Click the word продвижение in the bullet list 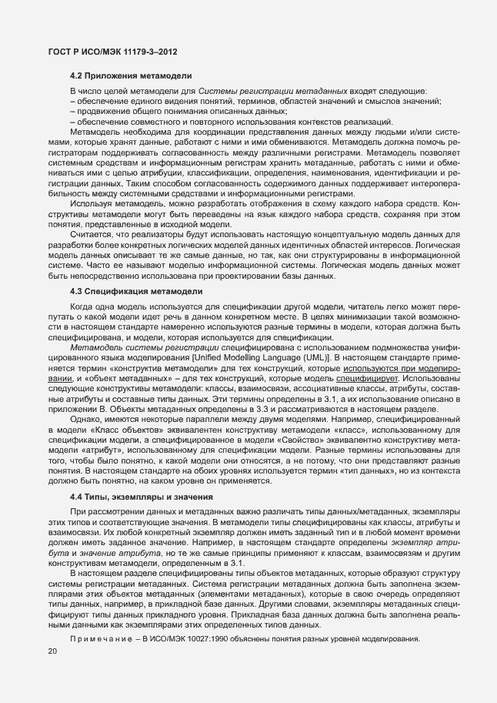pos(99,112)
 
